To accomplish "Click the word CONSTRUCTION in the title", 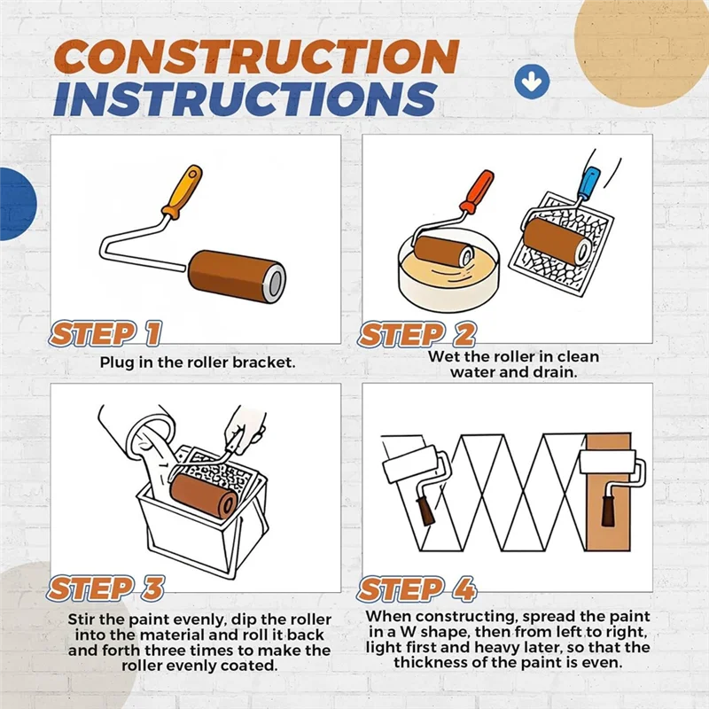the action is [256, 58].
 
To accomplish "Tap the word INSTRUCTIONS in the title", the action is [245, 99].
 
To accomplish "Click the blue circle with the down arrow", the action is [532, 82].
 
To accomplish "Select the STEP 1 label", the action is [105, 334].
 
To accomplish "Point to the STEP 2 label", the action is [417, 335].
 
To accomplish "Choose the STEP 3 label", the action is [106, 588].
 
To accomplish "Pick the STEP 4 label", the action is [417, 589].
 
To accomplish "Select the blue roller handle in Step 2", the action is [589, 183].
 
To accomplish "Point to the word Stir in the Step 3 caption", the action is [82, 619].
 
